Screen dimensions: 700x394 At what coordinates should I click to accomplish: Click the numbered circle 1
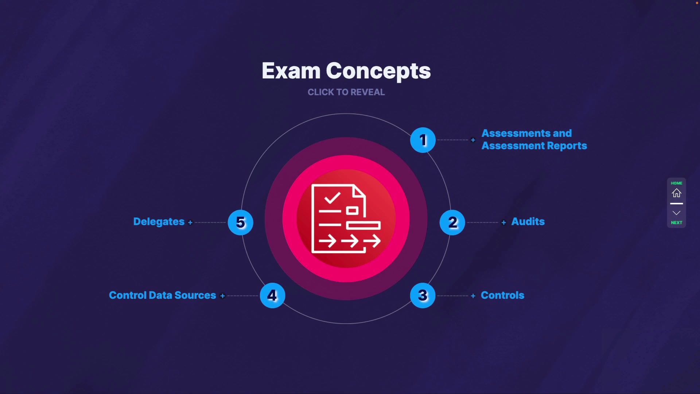tap(423, 140)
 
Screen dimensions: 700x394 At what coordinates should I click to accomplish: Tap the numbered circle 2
tap(452, 223)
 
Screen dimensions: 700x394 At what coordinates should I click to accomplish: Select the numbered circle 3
tap(423, 295)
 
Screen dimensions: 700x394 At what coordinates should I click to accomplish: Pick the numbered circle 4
tap(272, 295)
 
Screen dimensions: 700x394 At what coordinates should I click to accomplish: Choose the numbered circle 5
tap(241, 223)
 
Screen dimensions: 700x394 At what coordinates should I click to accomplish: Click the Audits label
tap(528, 222)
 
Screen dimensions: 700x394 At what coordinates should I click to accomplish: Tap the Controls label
tap(502, 295)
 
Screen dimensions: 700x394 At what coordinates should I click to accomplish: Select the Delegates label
tap(159, 222)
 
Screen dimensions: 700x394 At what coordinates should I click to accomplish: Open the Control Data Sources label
tap(163, 295)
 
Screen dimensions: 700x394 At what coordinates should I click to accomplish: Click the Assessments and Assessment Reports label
tap(534, 140)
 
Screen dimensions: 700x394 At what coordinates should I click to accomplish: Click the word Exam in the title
tap(291, 71)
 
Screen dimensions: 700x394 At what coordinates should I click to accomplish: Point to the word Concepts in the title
tap(378, 72)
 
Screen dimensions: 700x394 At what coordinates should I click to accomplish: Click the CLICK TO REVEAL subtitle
tap(346, 92)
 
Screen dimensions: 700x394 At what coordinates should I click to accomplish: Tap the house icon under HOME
tap(677, 193)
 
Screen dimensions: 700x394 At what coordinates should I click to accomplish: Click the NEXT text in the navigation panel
tap(677, 223)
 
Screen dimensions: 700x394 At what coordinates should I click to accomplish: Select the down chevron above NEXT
tap(677, 213)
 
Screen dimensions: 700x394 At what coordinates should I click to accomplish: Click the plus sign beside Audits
tap(504, 223)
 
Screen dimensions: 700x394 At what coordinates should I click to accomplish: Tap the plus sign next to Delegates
tap(190, 223)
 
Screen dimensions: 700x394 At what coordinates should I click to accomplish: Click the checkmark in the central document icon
tap(332, 198)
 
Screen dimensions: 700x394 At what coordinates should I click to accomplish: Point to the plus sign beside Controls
tap(473, 296)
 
